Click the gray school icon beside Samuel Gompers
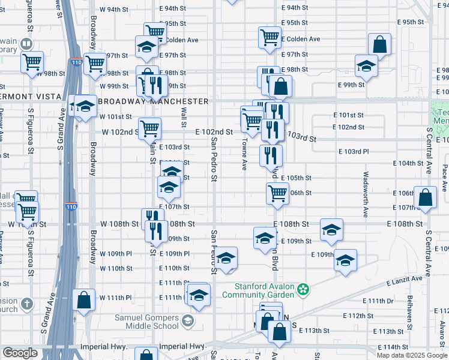click(x=188, y=322)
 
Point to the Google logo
click(x=20, y=353)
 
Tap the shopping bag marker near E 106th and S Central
click(x=425, y=198)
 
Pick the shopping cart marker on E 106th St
click(x=277, y=193)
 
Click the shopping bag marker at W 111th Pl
click(x=84, y=300)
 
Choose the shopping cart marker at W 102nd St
click(x=150, y=128)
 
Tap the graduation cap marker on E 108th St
click(x=331, y=230)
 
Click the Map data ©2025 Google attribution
click(x=412, y=355)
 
